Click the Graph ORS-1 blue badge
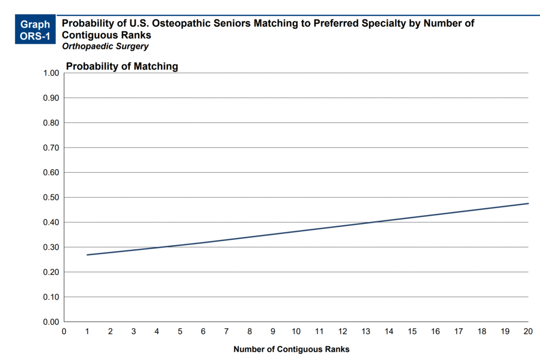(35, 30)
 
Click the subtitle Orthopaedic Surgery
(105, 46)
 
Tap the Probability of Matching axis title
(122, 66)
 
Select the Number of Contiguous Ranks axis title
(291, 349)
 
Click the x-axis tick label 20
(528, 331)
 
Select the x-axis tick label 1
(87, 331)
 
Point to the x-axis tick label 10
(296, 331)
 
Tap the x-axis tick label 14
(389, 331)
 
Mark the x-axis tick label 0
(64, 331)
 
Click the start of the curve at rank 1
(88, 255)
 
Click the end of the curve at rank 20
(527, 203)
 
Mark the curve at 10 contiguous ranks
(296, 230)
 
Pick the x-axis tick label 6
(203, 331)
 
